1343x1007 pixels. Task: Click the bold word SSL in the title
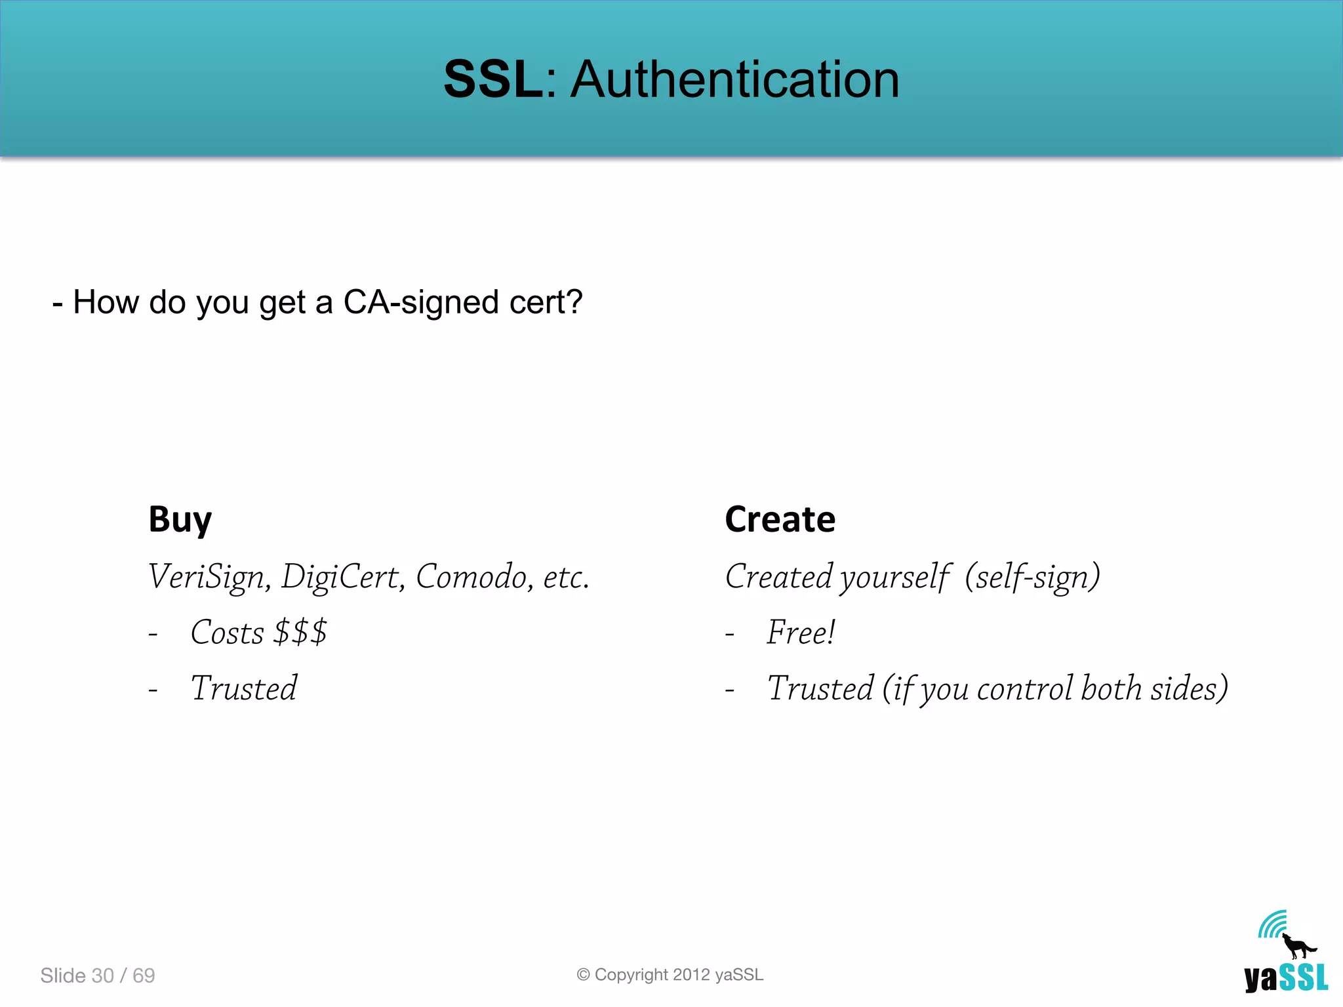[x=493, y=79]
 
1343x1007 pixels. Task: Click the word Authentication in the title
[x=734, y=79]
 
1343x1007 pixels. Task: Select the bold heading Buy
[x=180, y=520]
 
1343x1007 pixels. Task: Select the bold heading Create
[x=780, y=519]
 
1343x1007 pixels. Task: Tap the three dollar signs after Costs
[x=300, y=633]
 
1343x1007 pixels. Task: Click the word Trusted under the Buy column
[x=243, y=688]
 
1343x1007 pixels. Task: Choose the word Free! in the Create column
[x=801, y=633]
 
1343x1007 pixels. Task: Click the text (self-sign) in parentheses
[x=1032, y=577]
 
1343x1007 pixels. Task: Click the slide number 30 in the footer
[x=103, y=976]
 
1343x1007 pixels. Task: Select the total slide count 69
[x=144, y=976]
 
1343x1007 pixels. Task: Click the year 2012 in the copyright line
[x=691, y=975]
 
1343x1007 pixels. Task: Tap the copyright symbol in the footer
[x=583, y=975]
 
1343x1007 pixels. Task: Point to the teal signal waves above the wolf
[x=1272, y=924]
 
